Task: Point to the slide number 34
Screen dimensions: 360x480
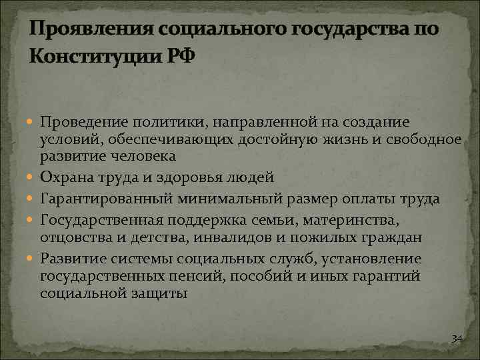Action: point(457,339)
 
